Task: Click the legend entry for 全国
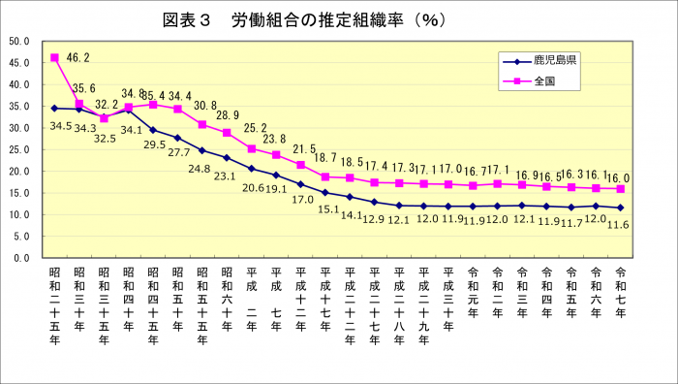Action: pos(542,80)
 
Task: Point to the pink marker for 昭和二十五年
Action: pos(55,58)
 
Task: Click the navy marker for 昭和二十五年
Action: pos(55,109)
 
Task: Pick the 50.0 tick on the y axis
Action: pos(20,42)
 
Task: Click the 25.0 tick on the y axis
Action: pos(20,150)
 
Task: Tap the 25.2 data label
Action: pos(256,128)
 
